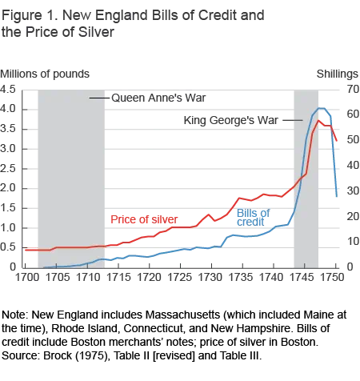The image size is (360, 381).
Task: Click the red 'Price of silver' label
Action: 142,219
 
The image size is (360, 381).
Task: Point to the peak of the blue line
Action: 322,106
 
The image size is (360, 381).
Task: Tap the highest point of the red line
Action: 320,121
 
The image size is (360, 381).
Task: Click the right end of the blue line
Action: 337,195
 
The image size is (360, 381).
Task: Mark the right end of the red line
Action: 338,144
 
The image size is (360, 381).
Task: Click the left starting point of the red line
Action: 26,250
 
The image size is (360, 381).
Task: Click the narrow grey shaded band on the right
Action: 303,176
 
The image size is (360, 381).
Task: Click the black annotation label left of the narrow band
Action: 229,122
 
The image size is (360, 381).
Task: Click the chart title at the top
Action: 136,22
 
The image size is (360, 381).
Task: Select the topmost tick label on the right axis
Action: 350,90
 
